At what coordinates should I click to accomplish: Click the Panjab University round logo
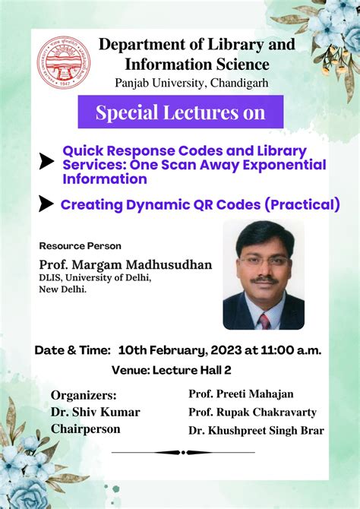tap(65, 62)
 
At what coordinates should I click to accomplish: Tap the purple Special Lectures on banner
tap(180, 112)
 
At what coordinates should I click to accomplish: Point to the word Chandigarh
tap(232, 82)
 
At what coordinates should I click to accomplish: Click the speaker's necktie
tap(264, 320)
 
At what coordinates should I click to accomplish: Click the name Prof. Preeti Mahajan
tap(240, 394)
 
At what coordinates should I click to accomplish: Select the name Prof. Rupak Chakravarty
tap(252, 412)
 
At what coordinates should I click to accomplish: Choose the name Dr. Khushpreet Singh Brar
tap(256, 431)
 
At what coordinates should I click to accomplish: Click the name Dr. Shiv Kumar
tap(95, 412)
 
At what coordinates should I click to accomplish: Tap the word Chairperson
tap(87, 429)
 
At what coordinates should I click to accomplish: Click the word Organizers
tap(84, 395)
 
